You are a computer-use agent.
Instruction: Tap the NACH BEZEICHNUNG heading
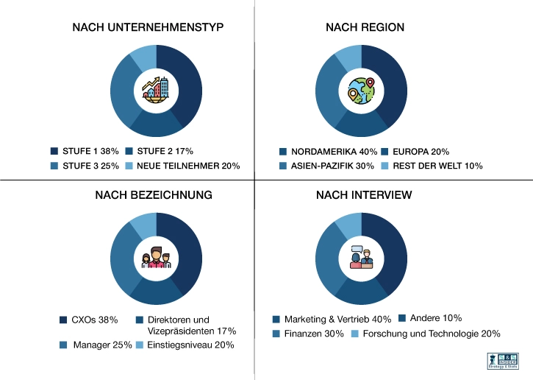[154, 195]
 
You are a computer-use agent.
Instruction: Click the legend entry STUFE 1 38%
[85, 151]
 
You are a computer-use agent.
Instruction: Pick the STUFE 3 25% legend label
[85, 166]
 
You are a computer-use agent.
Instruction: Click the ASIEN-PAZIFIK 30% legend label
[328, 166]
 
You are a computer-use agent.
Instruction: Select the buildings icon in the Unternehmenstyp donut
[156, 91]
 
